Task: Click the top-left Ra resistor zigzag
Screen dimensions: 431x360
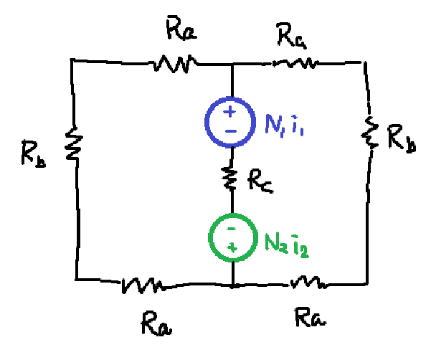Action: [174, 64]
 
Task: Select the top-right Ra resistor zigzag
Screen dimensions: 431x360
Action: [295, 63]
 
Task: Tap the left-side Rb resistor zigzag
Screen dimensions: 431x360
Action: [74, 143]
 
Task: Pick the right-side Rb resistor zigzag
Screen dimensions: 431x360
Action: [370, 133]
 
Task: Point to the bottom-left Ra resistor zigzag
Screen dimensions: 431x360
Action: [142, 285]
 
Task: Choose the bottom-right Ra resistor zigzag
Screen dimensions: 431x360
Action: [308, 283]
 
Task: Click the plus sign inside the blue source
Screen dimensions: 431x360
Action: [229, 112]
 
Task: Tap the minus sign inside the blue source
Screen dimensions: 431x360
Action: [231, 131]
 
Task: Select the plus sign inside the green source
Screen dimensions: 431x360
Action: [232, 248]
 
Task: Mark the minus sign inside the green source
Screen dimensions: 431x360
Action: [232, 229]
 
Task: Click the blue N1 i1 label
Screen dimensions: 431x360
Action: [284, 125]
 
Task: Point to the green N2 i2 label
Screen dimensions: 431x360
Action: [287, 246]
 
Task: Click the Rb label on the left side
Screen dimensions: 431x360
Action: [34, 153]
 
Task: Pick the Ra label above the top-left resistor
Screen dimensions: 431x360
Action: [181, 28]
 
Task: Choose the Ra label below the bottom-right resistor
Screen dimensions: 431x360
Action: [311, 318]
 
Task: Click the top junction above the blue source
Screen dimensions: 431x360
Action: [232, 65]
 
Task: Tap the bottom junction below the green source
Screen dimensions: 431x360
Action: [233, 286]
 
